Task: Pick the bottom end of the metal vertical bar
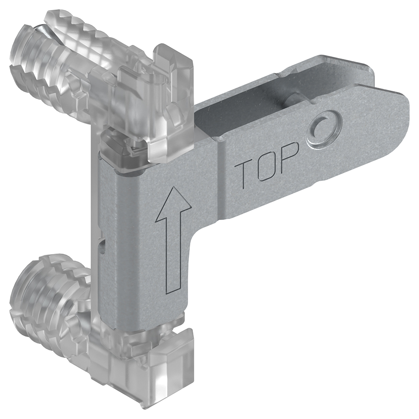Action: (144, 323)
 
